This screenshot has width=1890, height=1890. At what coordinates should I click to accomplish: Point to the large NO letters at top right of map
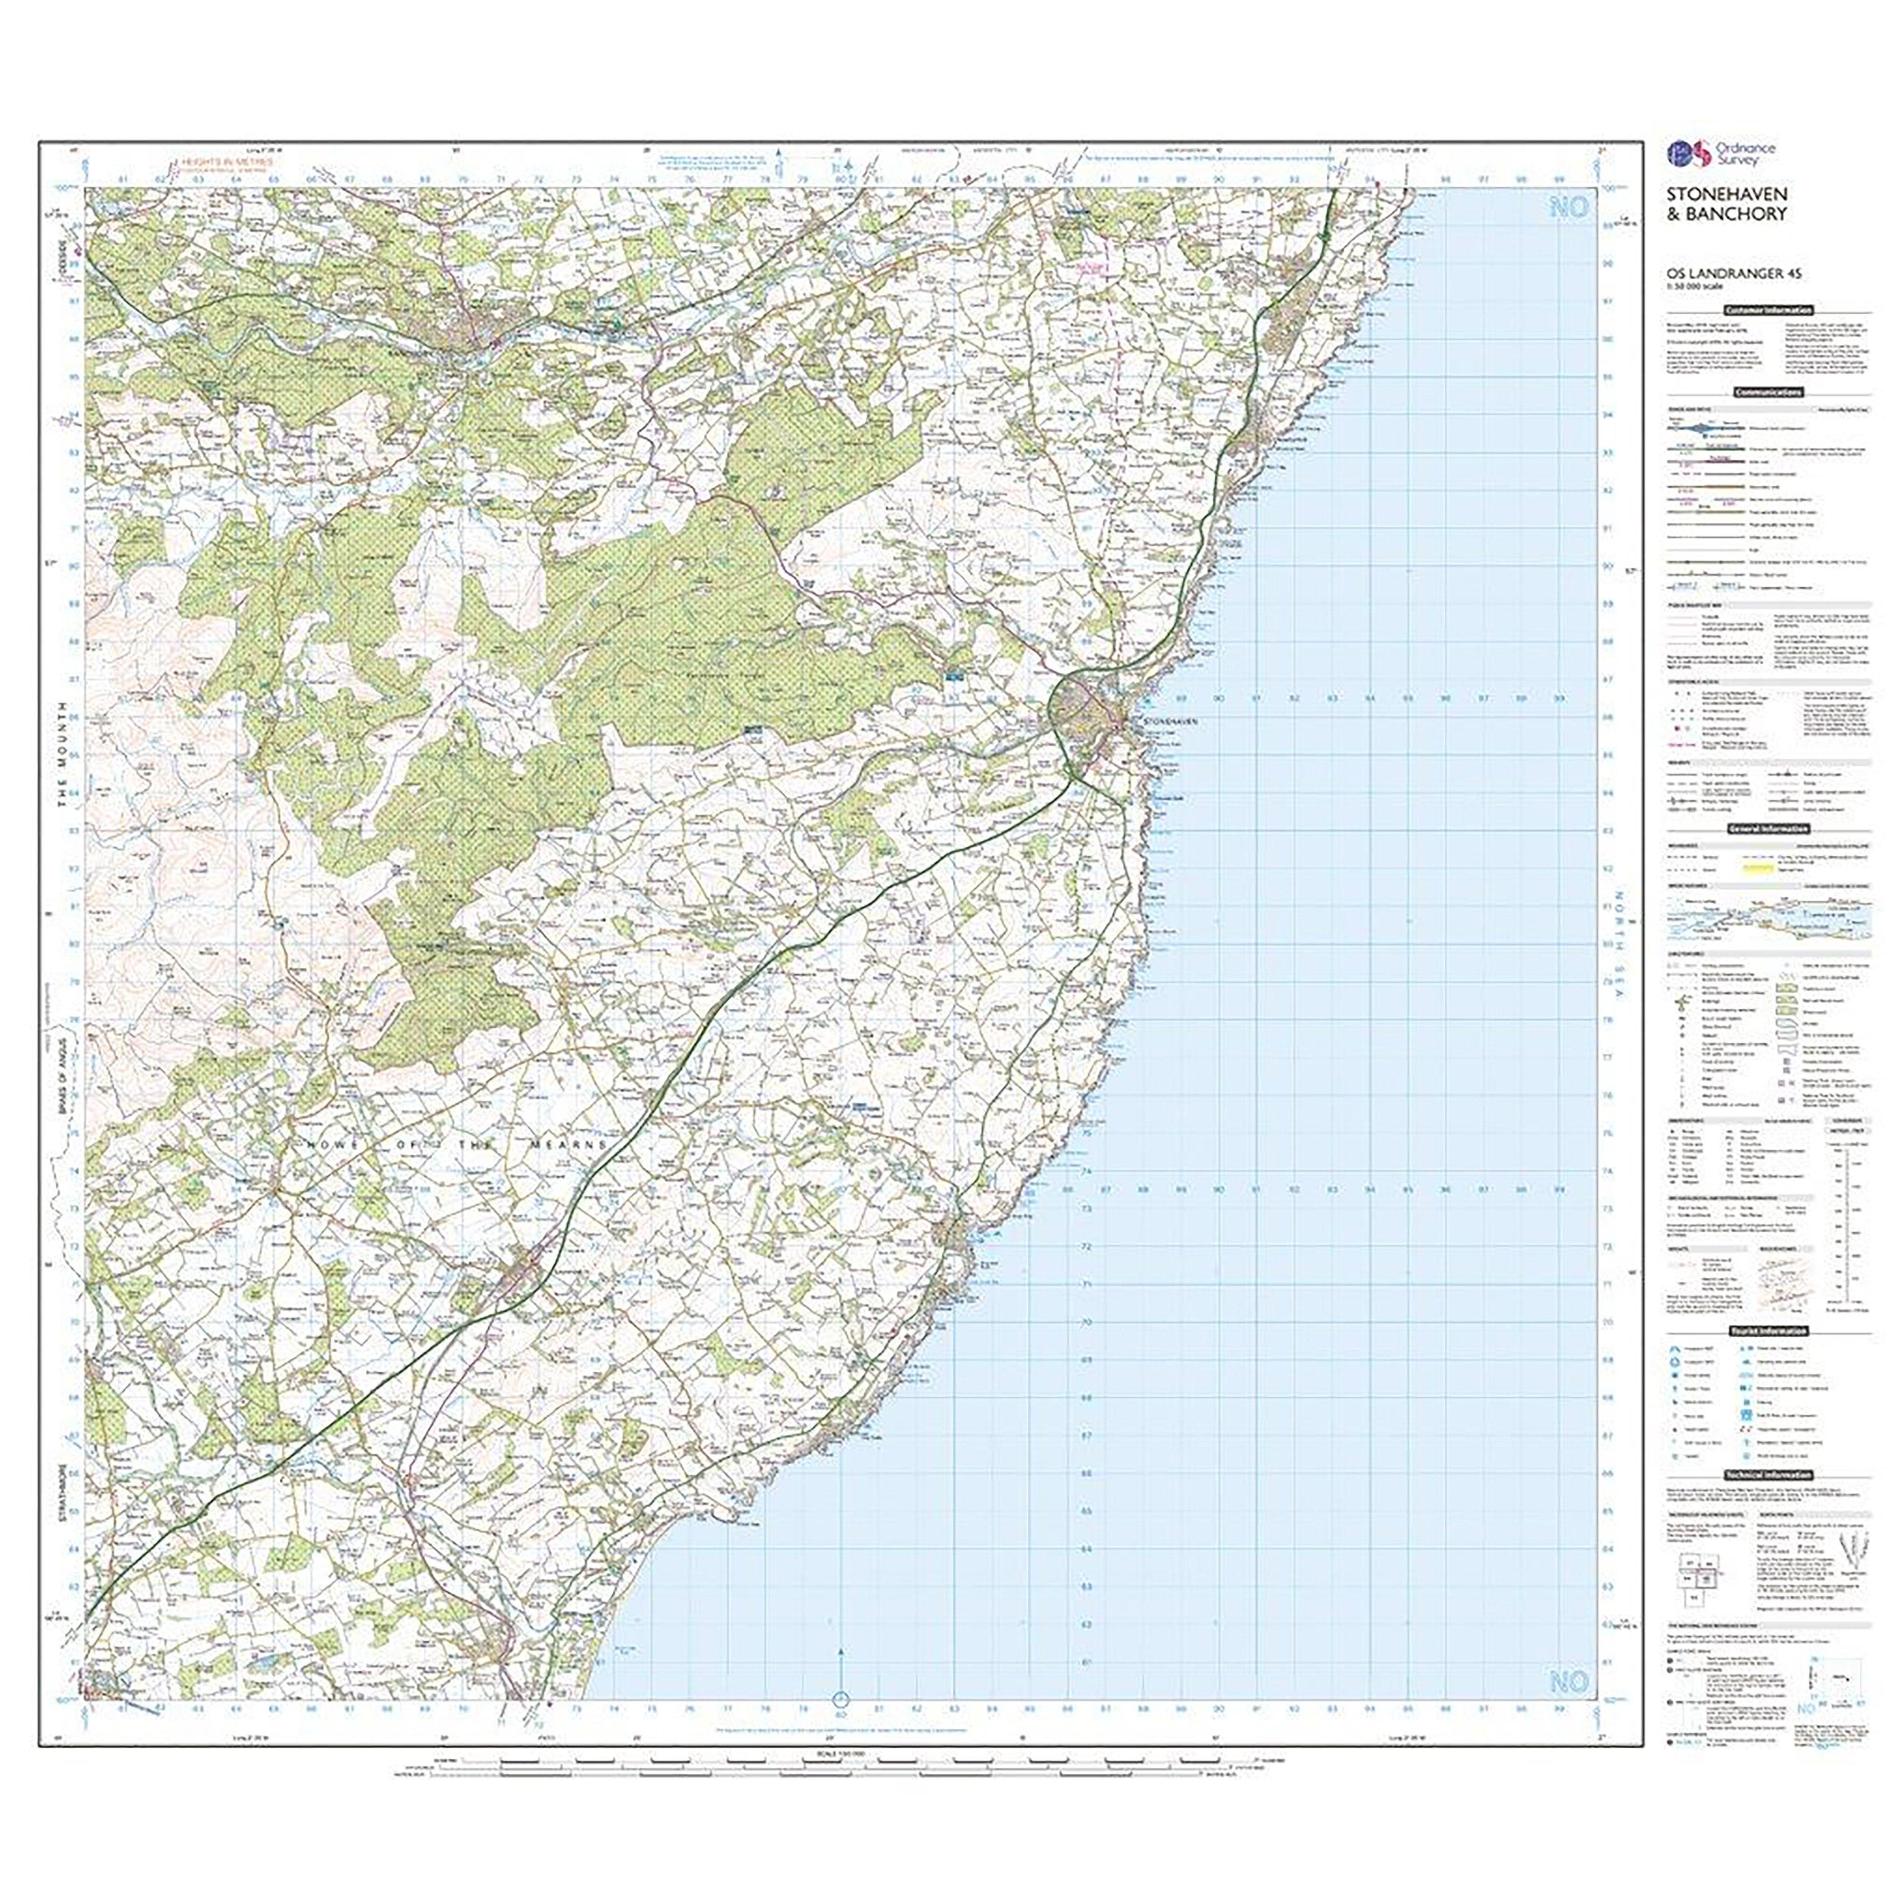(x=1568, y=208)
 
